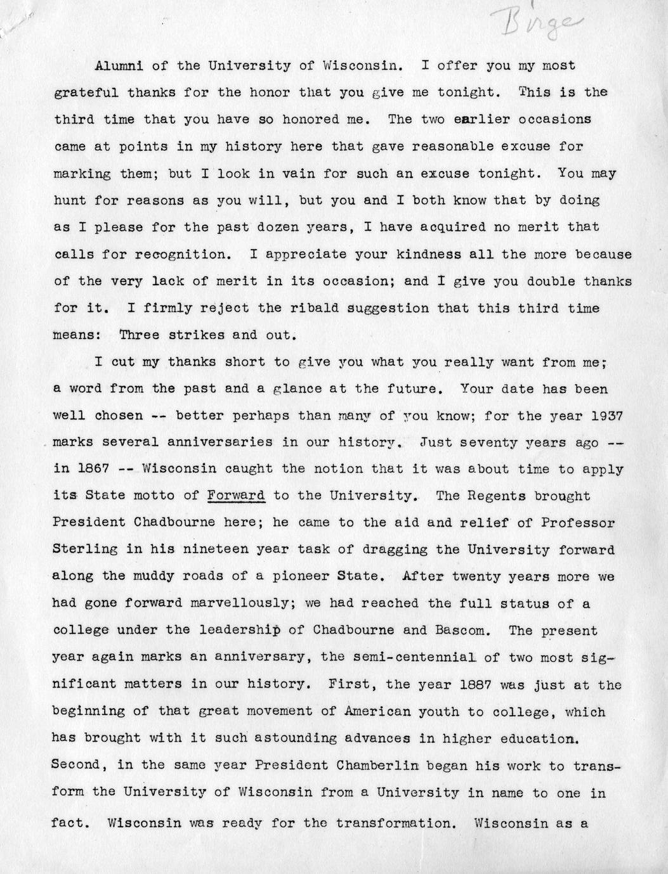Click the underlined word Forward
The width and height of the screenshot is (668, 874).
[x=236, y=496]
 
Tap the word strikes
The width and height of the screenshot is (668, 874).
[x=199, y=335]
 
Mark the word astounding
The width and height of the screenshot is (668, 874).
[x=282, y=738]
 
